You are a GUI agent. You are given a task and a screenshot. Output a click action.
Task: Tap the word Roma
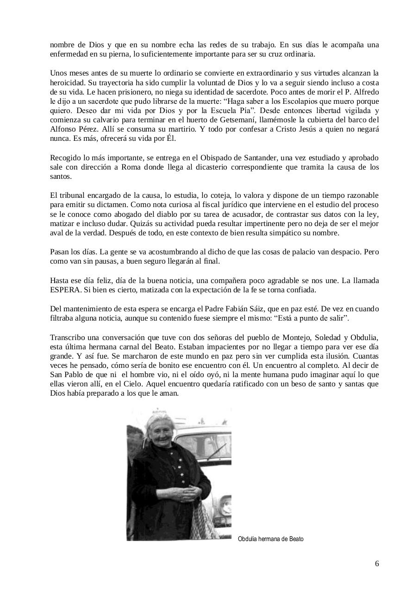click(131, 167)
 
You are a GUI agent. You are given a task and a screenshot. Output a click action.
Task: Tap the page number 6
click(377, 563)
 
